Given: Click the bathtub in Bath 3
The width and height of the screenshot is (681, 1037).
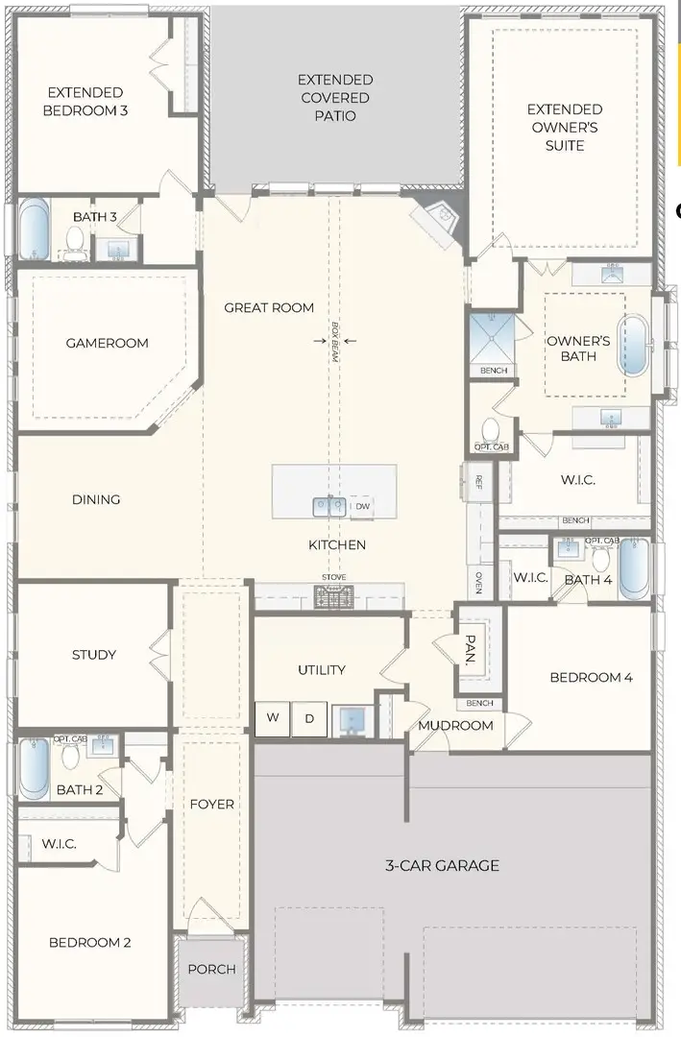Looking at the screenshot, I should [x=34, y=229].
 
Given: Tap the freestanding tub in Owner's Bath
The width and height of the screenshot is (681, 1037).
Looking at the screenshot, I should [x=633, y=346].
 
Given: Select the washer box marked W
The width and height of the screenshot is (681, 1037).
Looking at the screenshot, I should [x=273, y=718].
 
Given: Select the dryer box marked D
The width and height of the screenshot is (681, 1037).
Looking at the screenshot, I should [x=309, y=718].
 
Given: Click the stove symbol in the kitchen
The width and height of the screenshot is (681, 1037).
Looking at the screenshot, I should [x=334, y=597].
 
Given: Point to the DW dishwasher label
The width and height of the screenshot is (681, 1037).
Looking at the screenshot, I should [x=362, y=506].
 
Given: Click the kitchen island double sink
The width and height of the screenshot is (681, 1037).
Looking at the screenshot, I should [x=328, y=505].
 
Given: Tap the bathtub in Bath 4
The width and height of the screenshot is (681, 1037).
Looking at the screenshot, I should [x=634, y=568].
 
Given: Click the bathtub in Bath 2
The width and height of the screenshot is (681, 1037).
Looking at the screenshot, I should [x=35, y=768].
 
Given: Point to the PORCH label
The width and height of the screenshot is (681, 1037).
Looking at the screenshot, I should [x=211, y=969].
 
